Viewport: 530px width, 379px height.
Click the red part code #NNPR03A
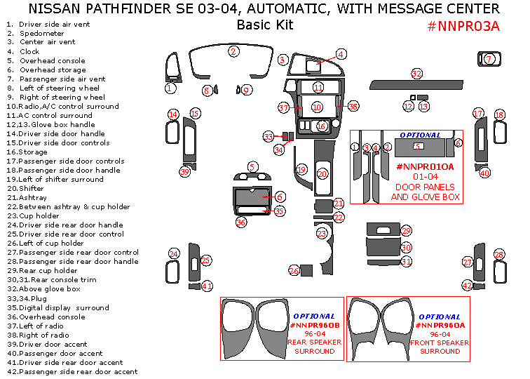click(463, 27)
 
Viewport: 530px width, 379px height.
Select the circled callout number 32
click(417, 74)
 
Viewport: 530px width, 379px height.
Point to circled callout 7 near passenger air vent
click(489, 60)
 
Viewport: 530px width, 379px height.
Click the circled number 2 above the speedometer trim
click(233, 51)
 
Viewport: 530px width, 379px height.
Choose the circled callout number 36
click(241, 222)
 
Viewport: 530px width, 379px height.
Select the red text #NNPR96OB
click(314, 325)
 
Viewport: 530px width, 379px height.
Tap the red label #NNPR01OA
click(425, 166)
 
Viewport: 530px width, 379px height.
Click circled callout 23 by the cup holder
click(322, 233)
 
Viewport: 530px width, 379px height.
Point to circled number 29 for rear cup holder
click(406, 231)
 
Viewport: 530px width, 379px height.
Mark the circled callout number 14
click(172, 114)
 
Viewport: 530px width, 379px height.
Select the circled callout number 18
click(499, 114)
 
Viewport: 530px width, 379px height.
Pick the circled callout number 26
click(294, 271)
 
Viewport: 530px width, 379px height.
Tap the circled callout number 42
click(467, 286)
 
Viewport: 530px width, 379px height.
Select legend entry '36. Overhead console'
click(46, 317)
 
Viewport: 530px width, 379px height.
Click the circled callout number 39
click(185, 171)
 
